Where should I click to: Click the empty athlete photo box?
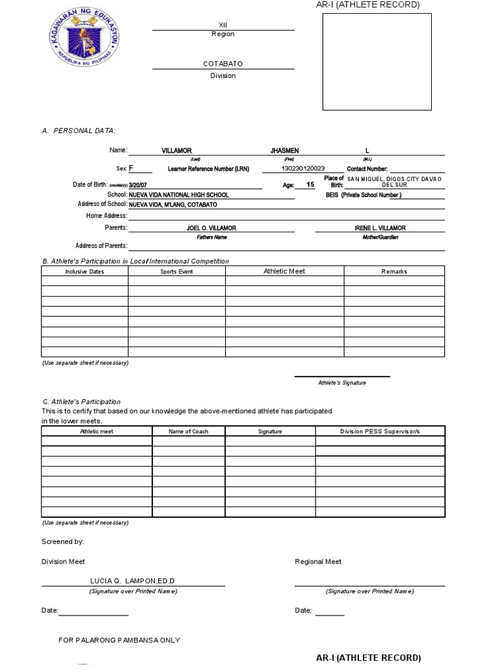(x=377, y=62)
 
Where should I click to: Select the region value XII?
(x=222, y=24)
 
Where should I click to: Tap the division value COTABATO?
(x=223, y=64)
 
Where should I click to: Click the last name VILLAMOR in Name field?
(x=177, y=151)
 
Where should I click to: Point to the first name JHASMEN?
(x=284, y=151)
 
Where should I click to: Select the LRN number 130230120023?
(x=303, y=169)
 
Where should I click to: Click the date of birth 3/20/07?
(x=139, y=186)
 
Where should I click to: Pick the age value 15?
(x=310, y=185)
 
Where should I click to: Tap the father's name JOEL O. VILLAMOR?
(x=211, y=228)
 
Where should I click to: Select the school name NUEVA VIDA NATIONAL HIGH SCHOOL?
(x=179, y=195)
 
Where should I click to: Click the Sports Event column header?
(x=177, y=272)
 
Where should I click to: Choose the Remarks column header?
(x=394, y=272)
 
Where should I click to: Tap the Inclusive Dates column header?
(x=85, y=272)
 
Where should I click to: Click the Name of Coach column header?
(x=188, y=432)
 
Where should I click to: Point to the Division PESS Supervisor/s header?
(x=379, y=432)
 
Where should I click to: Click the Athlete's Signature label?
(x=342, y=383)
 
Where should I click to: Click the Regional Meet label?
(x=318, y=562)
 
